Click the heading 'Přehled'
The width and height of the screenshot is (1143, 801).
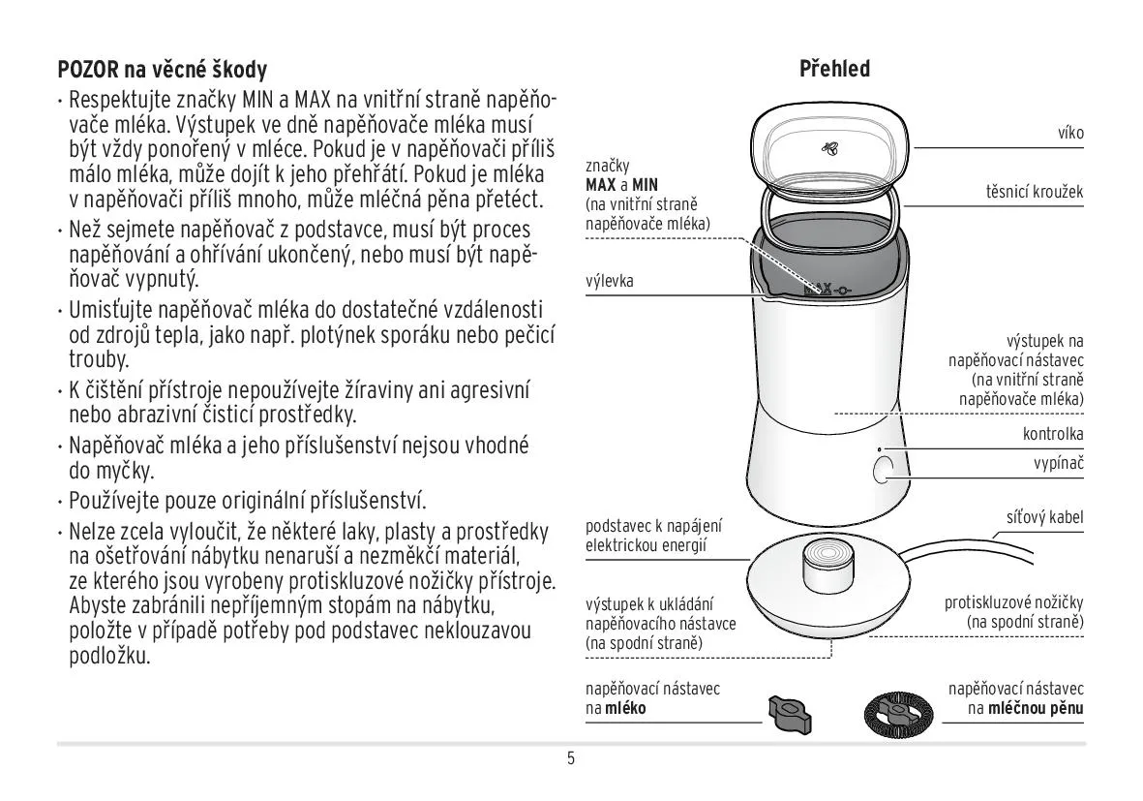point(834,69)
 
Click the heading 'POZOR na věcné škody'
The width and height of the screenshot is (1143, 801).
point(163,70)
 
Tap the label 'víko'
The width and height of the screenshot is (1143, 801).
point(1070,133)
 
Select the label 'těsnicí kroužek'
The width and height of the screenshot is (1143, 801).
point(1035,192)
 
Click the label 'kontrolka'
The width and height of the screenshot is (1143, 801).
point(1053,434)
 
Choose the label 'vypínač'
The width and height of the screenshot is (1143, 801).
point(1059,463)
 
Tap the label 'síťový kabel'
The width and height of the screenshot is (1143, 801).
point(1044,517)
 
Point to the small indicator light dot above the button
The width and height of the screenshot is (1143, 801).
point(879,450)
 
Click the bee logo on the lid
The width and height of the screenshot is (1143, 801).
point(829,149)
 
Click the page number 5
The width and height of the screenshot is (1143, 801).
point(571,758)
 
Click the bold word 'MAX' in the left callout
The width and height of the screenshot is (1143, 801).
point(601,184)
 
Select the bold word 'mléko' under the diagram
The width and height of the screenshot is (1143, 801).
point(627,708)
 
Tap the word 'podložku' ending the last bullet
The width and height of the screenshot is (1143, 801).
point(110,654)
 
